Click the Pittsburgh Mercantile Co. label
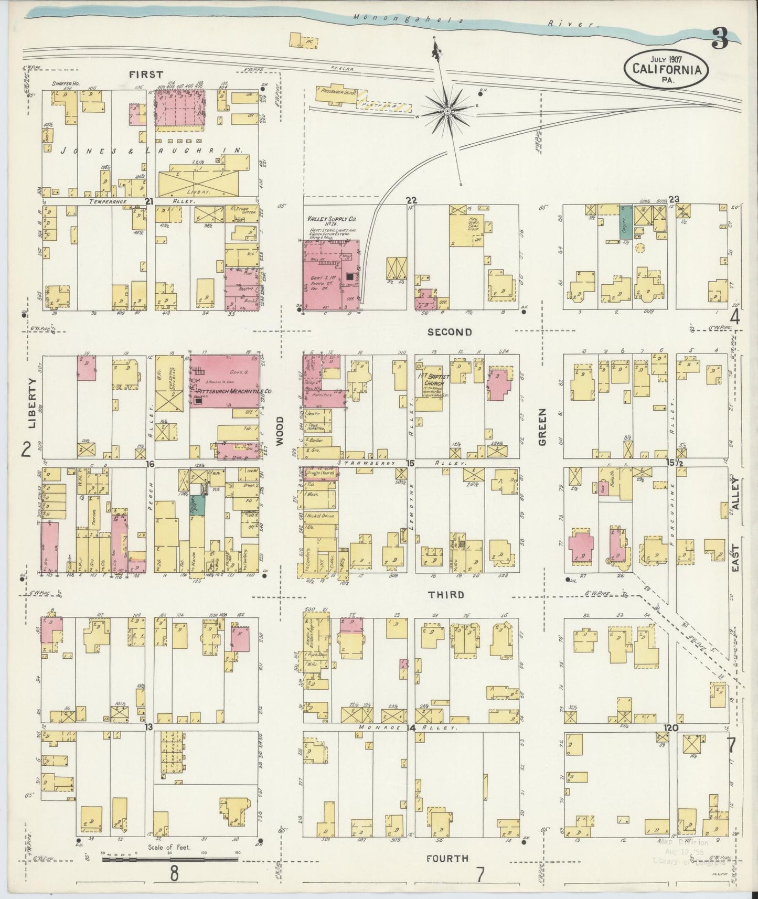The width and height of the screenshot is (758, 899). coord(227,392)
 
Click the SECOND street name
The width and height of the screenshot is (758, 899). coord(449,332)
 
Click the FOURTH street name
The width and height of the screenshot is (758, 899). coord(447,858)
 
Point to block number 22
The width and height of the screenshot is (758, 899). coord(412,200)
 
